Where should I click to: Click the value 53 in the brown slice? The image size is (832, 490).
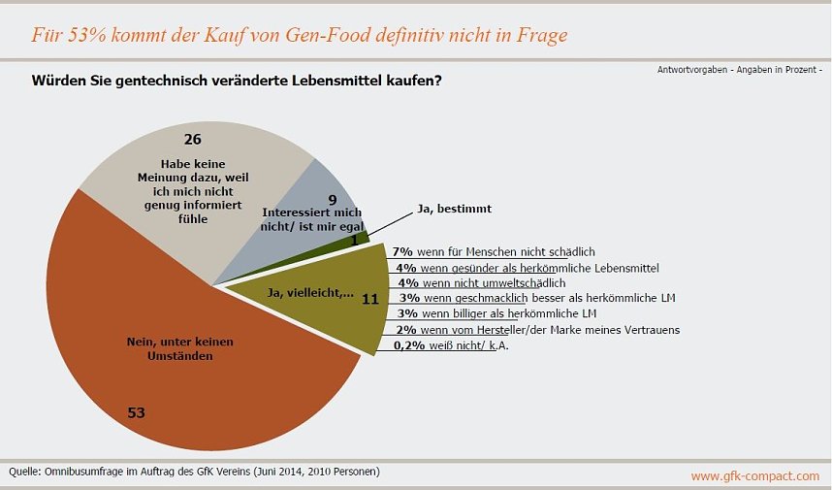pyautogui.click(x=137, y=412)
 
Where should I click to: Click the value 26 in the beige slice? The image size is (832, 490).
pyautogui.click(x=192, y=139)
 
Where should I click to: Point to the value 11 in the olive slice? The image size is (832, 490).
pyautogui.click(x=369, y=300)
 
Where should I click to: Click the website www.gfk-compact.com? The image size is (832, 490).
pyautogui.click(x=754, y=476)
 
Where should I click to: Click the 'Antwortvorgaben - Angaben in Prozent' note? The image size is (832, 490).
pyautogui.click(x=739, y=71)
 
